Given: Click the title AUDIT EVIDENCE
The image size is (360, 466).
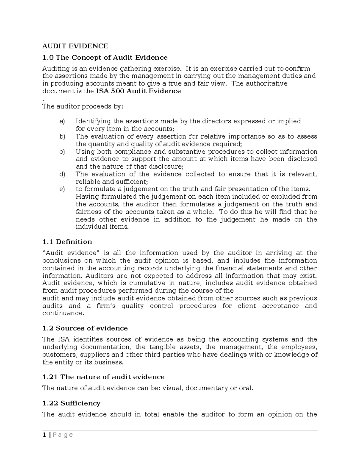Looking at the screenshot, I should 75,46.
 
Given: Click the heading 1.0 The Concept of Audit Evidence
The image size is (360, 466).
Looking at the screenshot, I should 105,57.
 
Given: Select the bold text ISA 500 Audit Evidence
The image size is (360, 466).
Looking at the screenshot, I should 138,91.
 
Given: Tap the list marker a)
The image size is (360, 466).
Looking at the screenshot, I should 62,121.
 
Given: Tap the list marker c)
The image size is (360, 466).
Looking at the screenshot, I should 62,152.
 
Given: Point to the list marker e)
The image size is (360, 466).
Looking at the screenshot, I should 62,189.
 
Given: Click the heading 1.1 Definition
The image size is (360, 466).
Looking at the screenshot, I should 67,242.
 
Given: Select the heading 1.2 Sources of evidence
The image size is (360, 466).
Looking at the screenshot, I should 85,328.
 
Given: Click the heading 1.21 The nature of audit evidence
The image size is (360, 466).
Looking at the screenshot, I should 103,377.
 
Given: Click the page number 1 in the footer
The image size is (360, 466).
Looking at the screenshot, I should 44,435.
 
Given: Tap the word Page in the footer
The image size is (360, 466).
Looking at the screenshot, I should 62,435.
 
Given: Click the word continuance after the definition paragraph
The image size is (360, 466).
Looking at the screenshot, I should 62,313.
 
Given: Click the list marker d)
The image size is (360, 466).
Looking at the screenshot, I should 62,174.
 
